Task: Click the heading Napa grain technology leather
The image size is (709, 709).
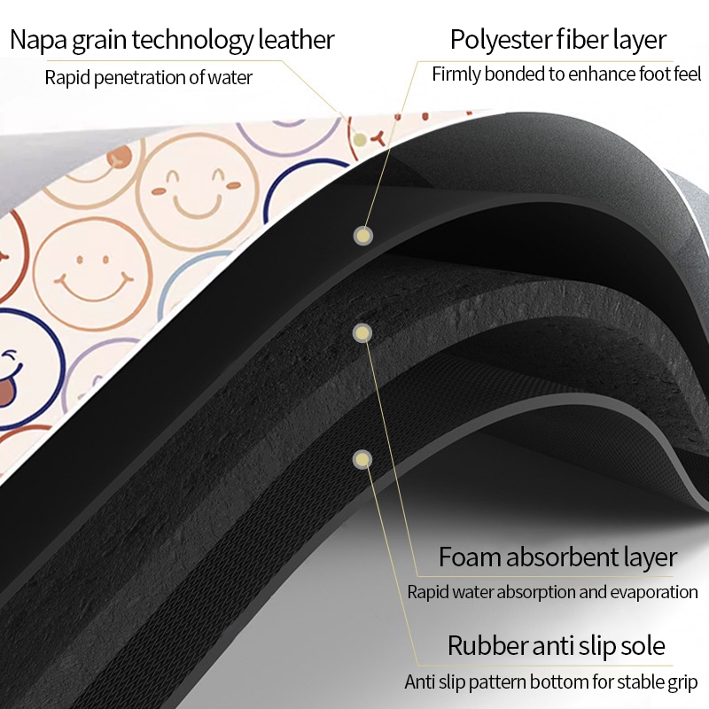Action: (x=172, y=40)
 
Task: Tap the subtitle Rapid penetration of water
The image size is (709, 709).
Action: (x=148, y=77)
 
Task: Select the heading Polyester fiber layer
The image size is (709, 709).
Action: (x=558, y=40)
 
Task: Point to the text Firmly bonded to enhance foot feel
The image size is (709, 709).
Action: (x=566, y=74)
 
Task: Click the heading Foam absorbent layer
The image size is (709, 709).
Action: (x=558, y=557)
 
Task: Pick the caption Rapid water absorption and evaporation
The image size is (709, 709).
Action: (x=552, y=592)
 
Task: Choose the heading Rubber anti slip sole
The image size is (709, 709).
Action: (x=557, y=645)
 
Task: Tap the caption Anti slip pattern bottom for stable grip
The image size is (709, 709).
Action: (x=550, y=682)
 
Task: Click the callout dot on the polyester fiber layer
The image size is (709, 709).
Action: (x=362, y=236)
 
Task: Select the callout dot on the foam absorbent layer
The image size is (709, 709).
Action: (x=362, y=333)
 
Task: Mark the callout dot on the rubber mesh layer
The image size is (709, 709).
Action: (x=362, y=460)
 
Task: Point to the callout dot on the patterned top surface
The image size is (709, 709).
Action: (x=360, y=140)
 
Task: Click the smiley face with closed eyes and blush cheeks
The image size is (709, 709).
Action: (x=198, y=191)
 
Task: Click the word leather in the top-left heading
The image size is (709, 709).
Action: (x=296, y=39)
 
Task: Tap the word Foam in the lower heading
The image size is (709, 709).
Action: (x=470, y=557)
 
